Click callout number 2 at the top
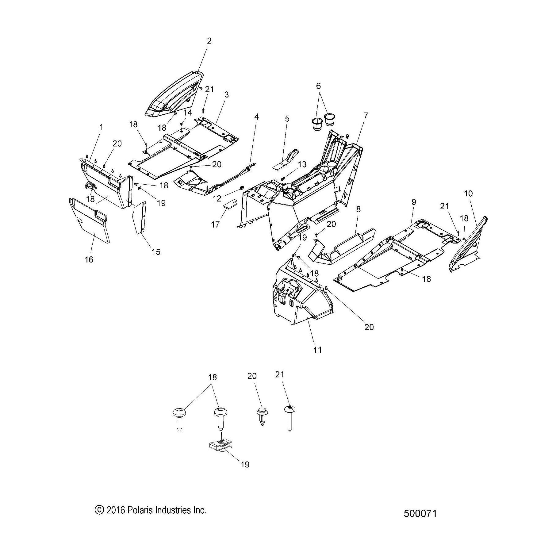coord(209,41)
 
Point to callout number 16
coord(89,259)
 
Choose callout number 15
coord(156,252)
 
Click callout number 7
coord(366,116)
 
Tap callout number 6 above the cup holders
coord(318,86)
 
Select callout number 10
coord(468,194)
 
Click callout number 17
coord(215,224)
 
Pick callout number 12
coord(217,198)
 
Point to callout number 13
coord(302,164)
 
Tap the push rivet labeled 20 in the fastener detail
coord(261,415)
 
